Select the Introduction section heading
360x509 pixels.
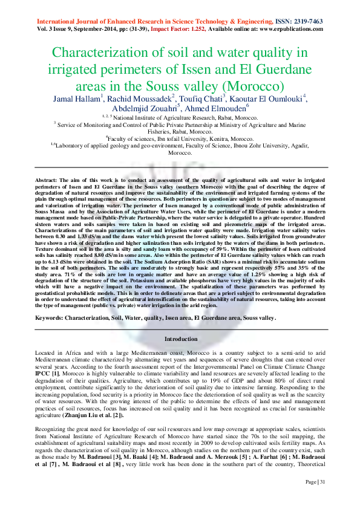pos(180,339)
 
